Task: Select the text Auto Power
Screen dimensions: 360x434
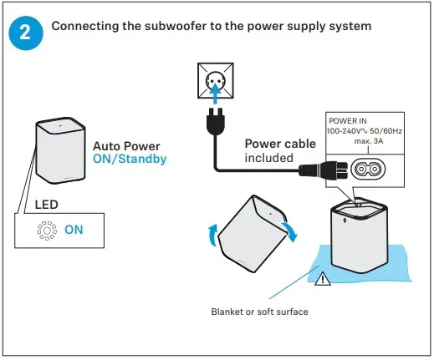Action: (125, 145)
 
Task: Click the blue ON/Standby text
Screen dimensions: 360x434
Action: (130, 158)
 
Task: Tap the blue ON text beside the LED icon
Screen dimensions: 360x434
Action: (74, 229)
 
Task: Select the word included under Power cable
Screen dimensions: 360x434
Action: (268, 157)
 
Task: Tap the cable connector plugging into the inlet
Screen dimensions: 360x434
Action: (322, 170)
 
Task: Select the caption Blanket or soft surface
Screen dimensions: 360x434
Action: (258, 312)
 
